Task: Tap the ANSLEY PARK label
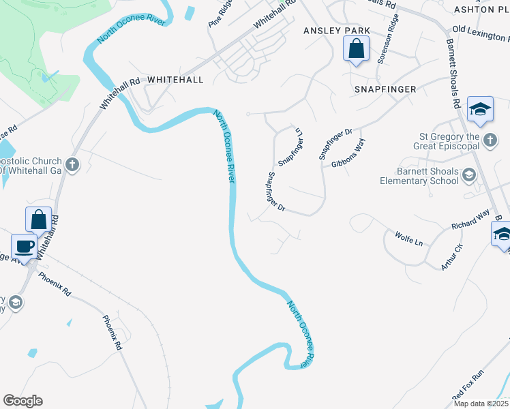click(x=336, y=31)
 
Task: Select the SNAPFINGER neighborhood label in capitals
click(x=385, y=89)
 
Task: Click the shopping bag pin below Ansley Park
click(x=356, y=49)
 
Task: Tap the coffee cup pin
click(x=25, y=247)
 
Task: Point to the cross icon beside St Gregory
click(x=489, y=140)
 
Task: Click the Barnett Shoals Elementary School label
click(x=419, y=176)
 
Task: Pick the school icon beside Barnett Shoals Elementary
click(x=468, y=175)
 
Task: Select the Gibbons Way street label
click(x=348, y=154)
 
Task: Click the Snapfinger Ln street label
click(x=290, y=147)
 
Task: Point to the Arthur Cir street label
click(x=451, y=256)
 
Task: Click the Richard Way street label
click(x=470, y=219)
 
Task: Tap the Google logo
click(x=22, y=401)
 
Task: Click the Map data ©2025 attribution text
click(x=480, y=404)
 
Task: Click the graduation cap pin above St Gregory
click(x=481, y=110)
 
